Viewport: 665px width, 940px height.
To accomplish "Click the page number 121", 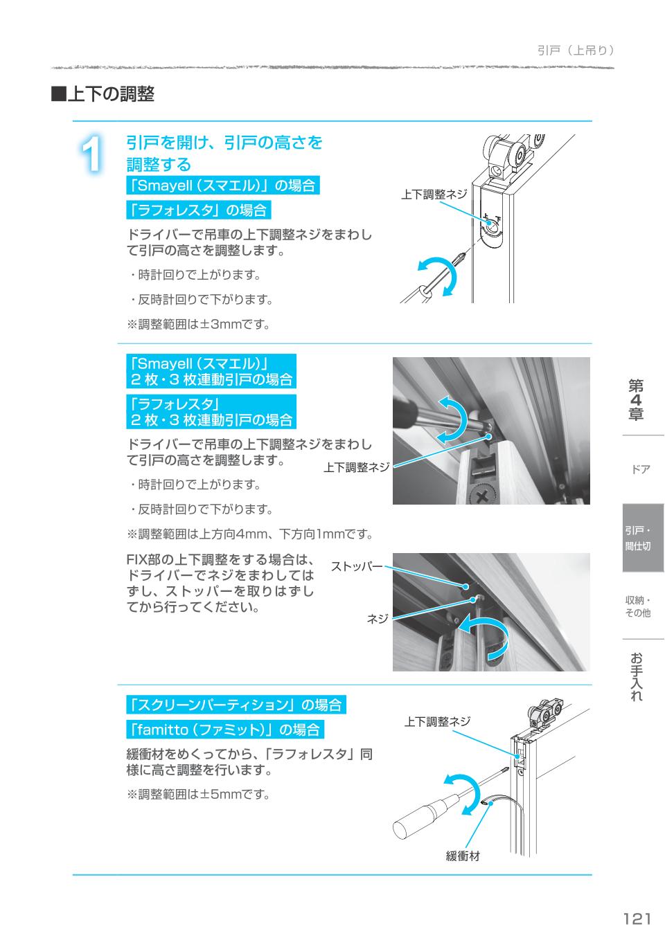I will (x=637, y=918).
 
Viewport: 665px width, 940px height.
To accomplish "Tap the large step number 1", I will (x=91, y=154).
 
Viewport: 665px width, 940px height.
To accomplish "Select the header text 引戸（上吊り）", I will (x=575, y=51).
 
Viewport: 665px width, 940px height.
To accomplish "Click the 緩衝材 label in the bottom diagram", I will (x=462, y=856).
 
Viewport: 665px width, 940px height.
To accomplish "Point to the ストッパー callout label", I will (x=356, y=567).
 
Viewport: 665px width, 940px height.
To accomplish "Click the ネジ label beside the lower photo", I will (x=377, y=619).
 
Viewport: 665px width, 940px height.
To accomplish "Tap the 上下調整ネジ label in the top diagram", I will (x=434, y=195).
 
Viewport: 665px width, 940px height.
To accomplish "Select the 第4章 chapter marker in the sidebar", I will (x=636, y=399).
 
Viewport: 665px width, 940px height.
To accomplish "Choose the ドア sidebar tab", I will (x=640, y=469).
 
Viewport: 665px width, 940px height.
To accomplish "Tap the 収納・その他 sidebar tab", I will (x=637, y=606).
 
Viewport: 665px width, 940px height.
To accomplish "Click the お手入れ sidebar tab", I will (x=637, y=676).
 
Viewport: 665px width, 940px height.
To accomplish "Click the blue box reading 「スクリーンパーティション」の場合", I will (x=236, y=705).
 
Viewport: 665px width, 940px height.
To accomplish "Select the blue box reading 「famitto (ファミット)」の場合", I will (x=224, y=730).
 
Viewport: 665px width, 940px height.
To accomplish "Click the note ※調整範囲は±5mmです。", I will (x=197, y=794).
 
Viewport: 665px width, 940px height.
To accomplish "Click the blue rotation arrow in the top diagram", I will (x=438, y=275).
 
